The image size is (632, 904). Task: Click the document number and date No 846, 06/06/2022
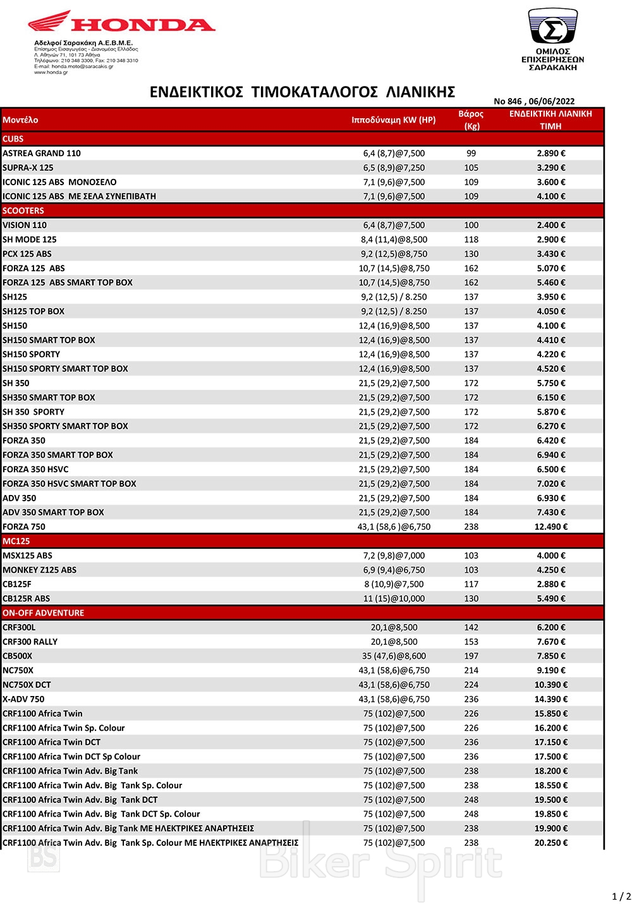pos(534,101)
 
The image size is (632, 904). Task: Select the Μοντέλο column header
pos(20,119)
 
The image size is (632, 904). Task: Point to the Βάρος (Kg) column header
pos(471,119)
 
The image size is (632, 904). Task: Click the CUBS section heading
pos(13,138)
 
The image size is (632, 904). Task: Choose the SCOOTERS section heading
pos(23,211)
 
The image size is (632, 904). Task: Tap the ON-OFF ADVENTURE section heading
pos(43,613)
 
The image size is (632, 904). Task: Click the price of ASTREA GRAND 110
pos(551,153)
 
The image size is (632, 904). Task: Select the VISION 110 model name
pos(25,225)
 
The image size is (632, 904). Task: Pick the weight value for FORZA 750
pos(471,527)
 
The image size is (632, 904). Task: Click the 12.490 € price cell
pos(551,527)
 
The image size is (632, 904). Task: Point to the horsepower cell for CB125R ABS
pos(394,599)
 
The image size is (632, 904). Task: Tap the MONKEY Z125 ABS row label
pos(39,570)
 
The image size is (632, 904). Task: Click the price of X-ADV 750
pos(551,699)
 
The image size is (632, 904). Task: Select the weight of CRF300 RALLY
pos(471,642)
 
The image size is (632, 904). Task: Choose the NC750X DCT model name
pos(27,685)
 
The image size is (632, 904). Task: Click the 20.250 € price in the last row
pos(551,843)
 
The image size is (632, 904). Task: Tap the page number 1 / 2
pos(621,896)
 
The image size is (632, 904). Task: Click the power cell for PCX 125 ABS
pos(394,253)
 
